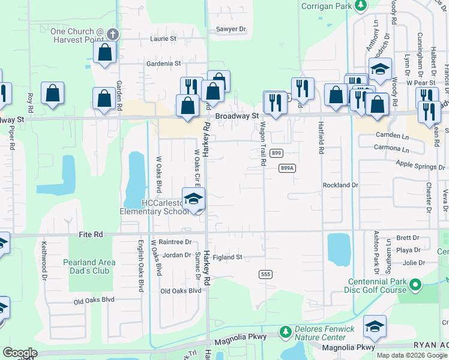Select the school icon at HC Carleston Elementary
[x=193, y=200]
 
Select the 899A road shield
[x=288, y=169]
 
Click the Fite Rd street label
[x=91, y=235]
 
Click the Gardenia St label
[x=163, y=63]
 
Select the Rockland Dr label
[x=340, y=185]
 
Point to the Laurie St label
[x=163, y=38]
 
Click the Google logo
[x=20, y=353]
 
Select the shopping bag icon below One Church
[x=105, y=52]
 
